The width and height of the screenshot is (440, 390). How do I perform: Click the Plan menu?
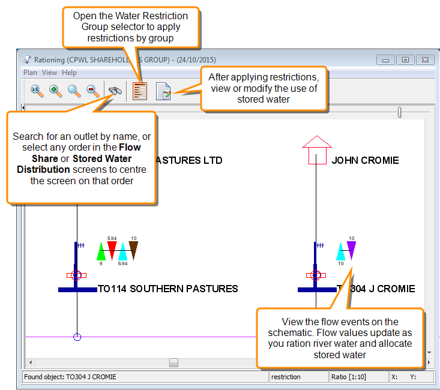pyautogui.click(x=30, y=73)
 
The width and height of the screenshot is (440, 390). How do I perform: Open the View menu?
pyautogui.click(x=50, y=73)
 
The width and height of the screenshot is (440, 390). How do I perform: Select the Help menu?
pyautogui.click(x=70, y=73)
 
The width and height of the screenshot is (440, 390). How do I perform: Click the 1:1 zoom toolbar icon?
pyautogui.click(x=36, y=91)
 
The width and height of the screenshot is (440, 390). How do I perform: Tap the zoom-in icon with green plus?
pyautogui.click(x=55, y=91)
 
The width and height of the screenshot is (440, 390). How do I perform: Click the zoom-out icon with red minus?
pyautogui.click(x=93, y=91)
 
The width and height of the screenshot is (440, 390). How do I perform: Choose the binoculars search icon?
pyautogui.click(x=115, y=91)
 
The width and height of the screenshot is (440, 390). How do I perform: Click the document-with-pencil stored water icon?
pyautogui.click(x=163, y=91)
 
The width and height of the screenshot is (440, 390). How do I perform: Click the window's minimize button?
pyautogui.click(x=386, y=59)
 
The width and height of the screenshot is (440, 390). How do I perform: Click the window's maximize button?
pyautogui.click(x=405, y=59)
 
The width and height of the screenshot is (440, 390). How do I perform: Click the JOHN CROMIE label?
pyautogui.click(x=365, y=161)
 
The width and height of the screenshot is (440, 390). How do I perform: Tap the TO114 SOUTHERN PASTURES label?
pyautogui.click(x=168, y=289)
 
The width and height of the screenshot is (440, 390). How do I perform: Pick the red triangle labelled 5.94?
pyautogui.click(x=112, y=249)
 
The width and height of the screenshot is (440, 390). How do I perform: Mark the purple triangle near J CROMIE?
pyautogui.click(x=351, y=249)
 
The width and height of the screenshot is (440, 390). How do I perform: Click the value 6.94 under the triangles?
pyautogui.click(x=122, y=264)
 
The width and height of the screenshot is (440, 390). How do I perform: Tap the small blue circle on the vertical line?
pyautogui.click(x=77, y=337)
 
